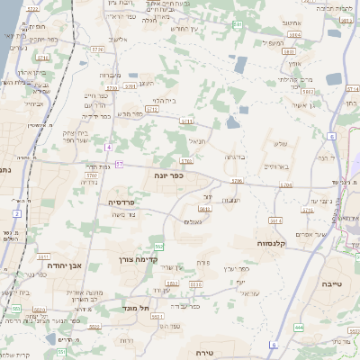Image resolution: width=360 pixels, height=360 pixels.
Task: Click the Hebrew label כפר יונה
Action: tap(168, 175)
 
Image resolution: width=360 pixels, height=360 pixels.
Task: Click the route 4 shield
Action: tap(108, 146)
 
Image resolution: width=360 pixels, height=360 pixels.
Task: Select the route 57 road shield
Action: tap(119, 164)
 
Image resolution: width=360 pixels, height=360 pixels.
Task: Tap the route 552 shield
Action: tap(158, 246)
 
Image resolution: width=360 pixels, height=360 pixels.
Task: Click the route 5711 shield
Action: tap(187, 119)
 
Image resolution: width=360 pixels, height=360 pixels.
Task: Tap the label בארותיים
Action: tap(275, 166)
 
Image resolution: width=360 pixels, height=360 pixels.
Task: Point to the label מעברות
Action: tap(110, 75)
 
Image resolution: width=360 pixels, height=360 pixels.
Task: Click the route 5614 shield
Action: tap(275, 219)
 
